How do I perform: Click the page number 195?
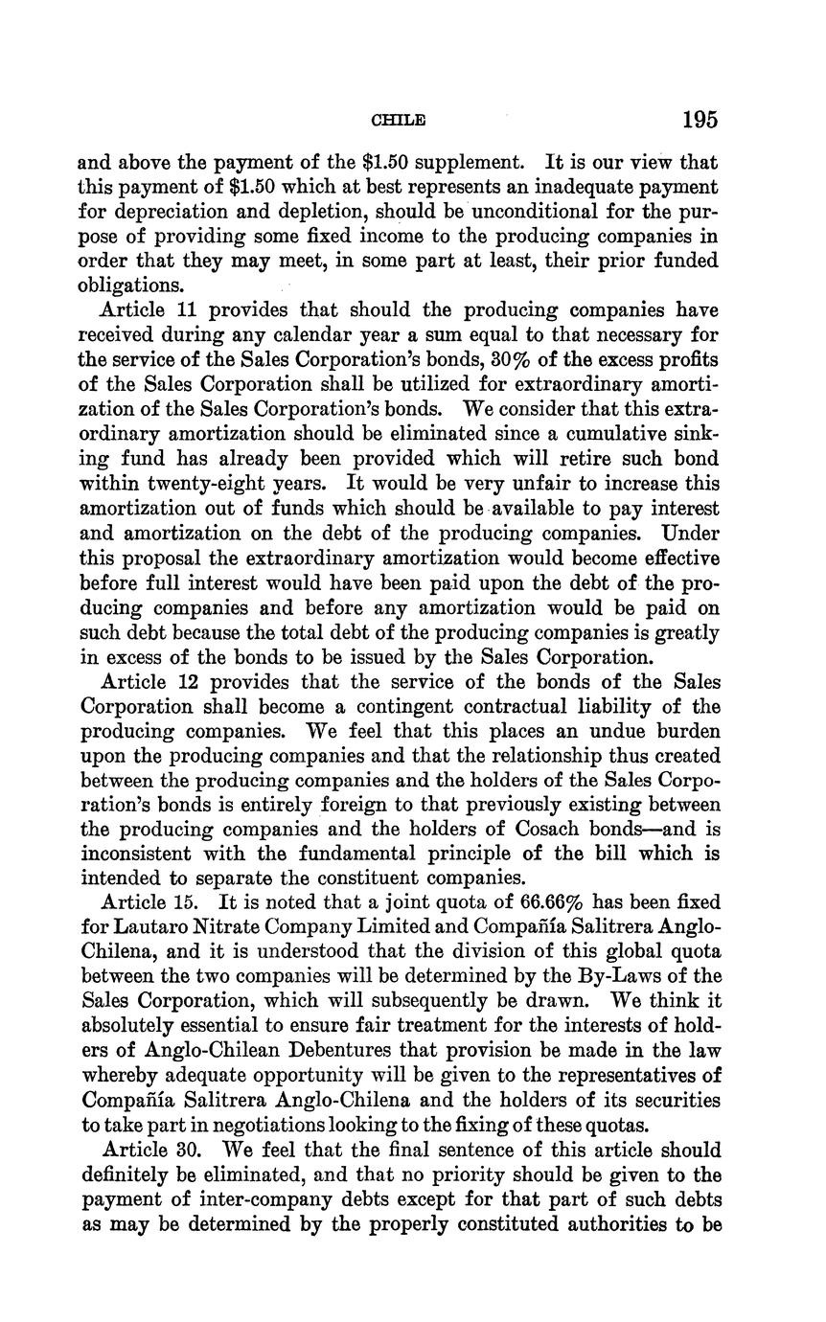[700, 120]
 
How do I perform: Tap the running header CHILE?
[398, 121]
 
